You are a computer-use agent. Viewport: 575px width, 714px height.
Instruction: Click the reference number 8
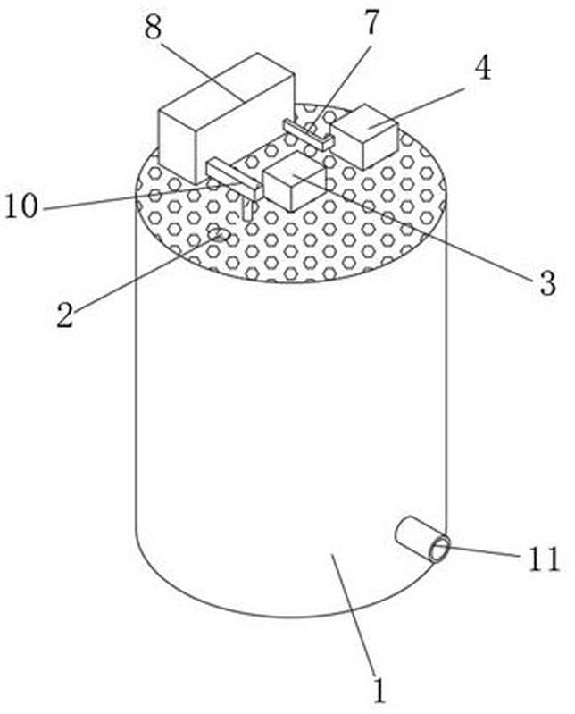[154, 28]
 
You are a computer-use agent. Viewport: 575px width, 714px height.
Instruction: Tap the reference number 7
[371, 22]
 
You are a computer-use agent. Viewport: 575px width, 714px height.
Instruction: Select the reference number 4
[483, 69]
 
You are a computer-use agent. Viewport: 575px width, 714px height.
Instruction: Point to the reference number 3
[547, 282]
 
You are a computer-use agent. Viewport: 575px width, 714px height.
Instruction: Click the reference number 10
[21, 206]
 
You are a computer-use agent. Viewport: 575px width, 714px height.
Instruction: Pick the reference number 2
[65, 315]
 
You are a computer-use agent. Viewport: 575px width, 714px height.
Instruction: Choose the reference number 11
[544, 559]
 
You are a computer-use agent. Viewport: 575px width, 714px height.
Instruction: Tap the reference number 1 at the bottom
[379, 692]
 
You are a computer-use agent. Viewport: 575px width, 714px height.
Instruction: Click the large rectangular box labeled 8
[226, 118]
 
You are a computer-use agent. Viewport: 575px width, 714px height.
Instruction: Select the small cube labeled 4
[365, 136]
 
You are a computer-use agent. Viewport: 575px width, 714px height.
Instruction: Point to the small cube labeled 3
[295, 181]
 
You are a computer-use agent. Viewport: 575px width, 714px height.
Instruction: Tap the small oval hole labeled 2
[220, 235]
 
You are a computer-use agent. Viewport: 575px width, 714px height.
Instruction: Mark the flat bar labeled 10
[234, 180]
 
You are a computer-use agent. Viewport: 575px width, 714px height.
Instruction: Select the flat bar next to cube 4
[308, 135]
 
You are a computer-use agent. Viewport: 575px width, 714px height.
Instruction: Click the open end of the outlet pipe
[439, 550]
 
